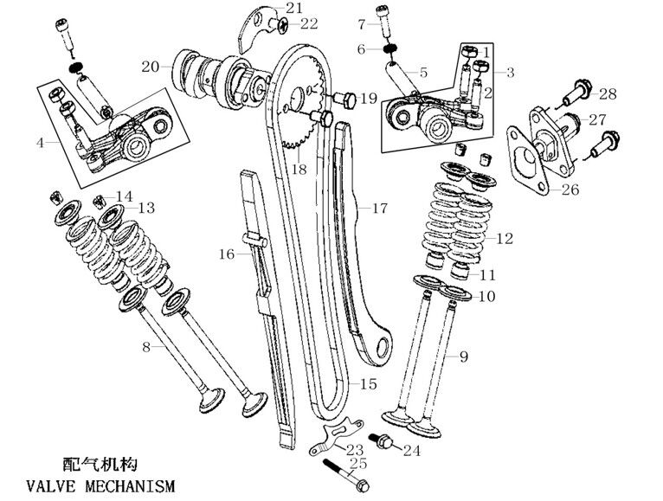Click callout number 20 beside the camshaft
click(150, 65)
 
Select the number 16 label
click(226, 254)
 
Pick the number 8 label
click(146, 346)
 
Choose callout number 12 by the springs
click(505, 236)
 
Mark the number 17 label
click(381, 209)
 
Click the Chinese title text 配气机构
click(100, 465)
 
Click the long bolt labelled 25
click(346, 478)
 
